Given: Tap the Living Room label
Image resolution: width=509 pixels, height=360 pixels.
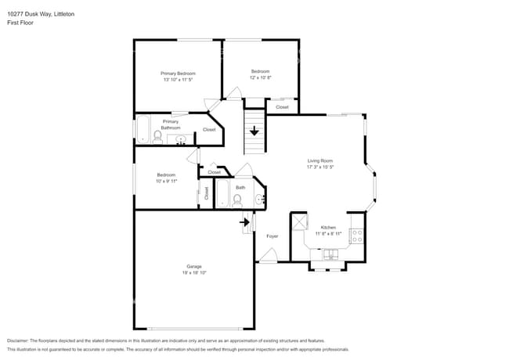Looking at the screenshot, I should [320, 160].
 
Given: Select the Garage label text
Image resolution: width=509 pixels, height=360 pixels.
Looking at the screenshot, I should [193, 267].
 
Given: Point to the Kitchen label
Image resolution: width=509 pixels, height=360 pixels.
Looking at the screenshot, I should [328, 227].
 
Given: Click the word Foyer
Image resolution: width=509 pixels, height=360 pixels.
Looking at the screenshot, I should [273, 236].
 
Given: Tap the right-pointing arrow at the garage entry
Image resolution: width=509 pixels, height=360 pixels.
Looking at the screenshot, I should [244, 222].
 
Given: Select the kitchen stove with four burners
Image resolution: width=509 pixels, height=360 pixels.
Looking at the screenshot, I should [356, 234].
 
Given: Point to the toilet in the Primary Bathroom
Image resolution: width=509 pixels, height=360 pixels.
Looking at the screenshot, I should [157, 137].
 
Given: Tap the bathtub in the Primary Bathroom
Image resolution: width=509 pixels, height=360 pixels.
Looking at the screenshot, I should [143, 129].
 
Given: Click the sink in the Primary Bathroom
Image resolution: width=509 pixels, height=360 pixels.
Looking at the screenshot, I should [182, 140].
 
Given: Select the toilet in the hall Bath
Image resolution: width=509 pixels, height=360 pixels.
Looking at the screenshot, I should [237, 200].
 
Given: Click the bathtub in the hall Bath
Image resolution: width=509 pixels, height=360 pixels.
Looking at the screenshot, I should [222, 193].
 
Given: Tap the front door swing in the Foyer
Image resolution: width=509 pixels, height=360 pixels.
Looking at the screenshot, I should [268, 254].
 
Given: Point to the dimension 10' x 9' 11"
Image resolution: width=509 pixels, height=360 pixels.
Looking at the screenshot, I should [166, 181].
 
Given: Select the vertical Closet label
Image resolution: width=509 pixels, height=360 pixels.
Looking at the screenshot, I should [207, 193].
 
